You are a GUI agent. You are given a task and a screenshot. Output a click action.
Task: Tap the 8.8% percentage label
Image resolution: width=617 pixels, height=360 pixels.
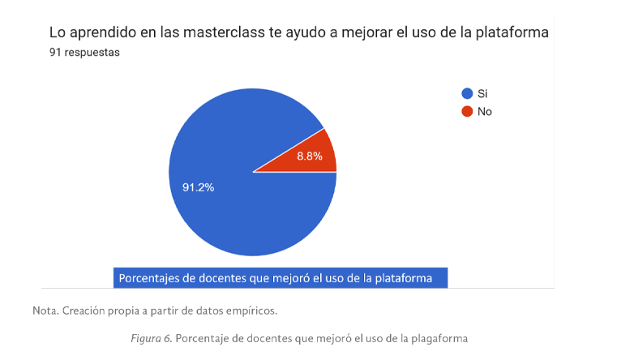tap(310, 156)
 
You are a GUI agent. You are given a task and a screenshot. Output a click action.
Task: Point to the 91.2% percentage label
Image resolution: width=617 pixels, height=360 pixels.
tap(198, 187)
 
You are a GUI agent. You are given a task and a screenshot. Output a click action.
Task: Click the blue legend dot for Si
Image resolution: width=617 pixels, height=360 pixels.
tap(467, 93)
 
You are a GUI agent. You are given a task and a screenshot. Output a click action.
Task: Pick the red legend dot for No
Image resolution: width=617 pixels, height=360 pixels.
tap(467, 111)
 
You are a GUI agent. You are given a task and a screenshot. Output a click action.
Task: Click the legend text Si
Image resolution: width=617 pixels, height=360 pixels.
tap(482, 93)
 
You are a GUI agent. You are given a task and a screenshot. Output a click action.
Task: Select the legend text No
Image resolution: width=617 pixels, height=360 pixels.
tap(485, 111)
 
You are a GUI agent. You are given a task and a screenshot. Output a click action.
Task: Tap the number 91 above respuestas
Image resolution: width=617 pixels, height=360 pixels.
tap(55, 53)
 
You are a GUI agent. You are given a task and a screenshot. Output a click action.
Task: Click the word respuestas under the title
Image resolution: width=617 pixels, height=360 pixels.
tap(92, 53)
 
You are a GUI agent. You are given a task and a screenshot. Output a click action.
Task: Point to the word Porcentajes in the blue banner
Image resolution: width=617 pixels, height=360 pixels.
tap(153, 278)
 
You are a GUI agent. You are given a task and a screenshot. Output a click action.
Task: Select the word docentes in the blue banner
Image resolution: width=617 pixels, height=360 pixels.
tap(225, 278)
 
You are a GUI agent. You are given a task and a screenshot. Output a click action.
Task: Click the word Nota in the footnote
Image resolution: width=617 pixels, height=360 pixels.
tap(45, 311)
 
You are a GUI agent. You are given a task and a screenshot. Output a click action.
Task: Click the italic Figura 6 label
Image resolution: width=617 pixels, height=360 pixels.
tap(150, 338)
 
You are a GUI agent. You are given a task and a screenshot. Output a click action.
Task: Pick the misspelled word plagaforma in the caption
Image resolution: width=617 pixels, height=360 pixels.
tap(439, 338)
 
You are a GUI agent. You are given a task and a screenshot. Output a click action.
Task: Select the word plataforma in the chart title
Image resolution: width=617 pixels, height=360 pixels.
tap(512, 33)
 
